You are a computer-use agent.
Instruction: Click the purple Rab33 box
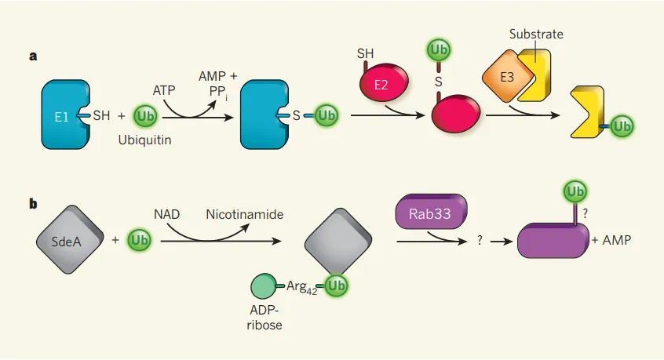click(432, 213)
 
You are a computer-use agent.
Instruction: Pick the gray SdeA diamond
click(69, 238)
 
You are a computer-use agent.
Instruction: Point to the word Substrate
click(536, 34)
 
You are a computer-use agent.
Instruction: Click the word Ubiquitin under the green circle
click(145, 140)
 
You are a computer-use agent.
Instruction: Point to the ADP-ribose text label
click(265, 318)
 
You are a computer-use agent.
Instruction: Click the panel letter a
click(33, 56)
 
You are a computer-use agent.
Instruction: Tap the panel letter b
click(33, 204)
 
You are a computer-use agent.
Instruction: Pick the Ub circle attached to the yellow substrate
click(622, 126)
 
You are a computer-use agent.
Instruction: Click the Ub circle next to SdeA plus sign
click(142, 239)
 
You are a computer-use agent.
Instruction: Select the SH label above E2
click(366, 53)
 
